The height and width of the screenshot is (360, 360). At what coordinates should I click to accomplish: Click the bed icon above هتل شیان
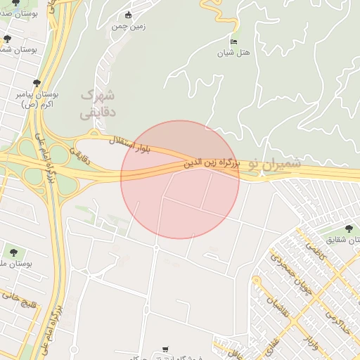234,41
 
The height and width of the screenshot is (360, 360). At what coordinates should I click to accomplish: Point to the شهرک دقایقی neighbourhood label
97,103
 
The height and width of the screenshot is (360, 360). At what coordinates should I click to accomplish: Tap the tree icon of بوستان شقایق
349,228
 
